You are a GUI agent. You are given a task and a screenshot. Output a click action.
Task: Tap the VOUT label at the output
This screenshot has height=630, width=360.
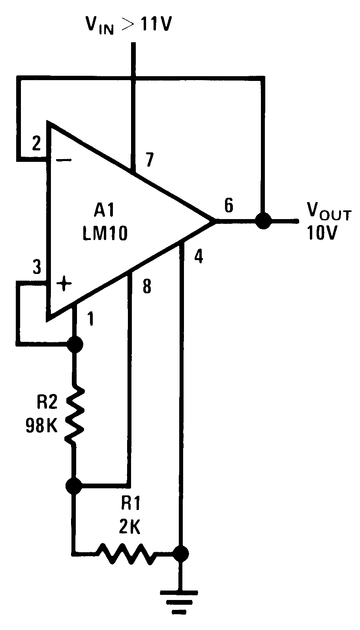pos(328,214)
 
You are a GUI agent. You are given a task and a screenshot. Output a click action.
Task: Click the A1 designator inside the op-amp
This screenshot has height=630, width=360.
pos(103,212)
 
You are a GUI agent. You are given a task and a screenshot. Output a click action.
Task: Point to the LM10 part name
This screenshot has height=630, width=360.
pos(105,234)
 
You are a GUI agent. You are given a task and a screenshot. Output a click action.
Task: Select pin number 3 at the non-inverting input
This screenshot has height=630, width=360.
pos(36,268)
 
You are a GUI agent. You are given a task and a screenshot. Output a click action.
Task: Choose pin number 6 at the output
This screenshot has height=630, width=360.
pos(229,205)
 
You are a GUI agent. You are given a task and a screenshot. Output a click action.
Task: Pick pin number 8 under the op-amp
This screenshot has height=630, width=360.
pos(146,287)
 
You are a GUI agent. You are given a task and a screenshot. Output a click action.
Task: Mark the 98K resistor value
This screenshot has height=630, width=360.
pos(41,426)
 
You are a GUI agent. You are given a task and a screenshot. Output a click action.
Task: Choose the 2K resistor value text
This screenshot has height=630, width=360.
pos(130,527)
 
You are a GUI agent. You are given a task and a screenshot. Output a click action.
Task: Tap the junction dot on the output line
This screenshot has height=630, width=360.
pos(262,220)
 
